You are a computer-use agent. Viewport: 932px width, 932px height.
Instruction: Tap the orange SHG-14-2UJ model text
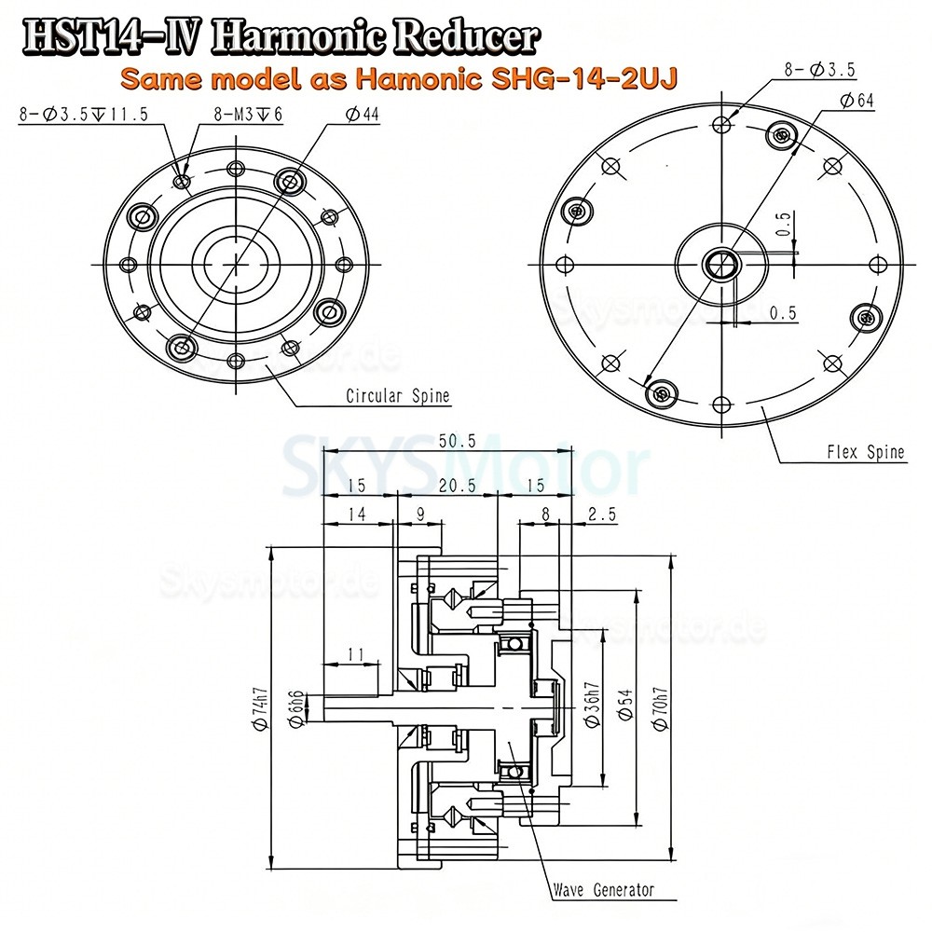point(399,78)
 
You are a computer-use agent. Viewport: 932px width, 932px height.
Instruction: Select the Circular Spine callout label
point(397,396)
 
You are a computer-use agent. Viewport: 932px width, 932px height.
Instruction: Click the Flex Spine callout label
point(865,453)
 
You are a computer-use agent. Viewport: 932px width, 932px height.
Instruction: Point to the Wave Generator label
point(602,889)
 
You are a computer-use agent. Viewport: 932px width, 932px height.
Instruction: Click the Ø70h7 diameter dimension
point(660,706)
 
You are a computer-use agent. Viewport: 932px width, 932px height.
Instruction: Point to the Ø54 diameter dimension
point(626,706)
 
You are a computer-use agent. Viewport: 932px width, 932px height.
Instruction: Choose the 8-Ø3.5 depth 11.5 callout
point(82,115)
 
